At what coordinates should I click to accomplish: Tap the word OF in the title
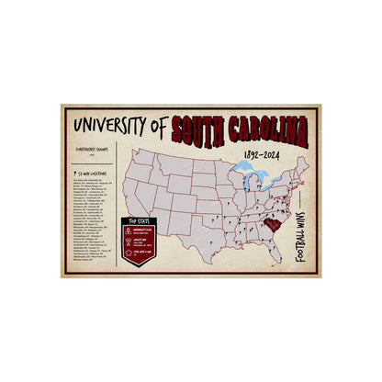tap(163, 122)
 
